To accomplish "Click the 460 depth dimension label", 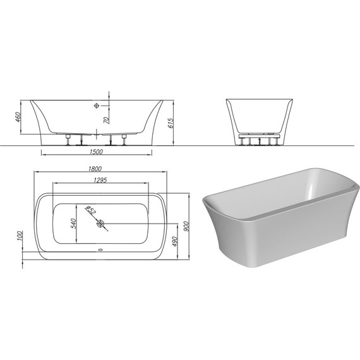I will [20, 117].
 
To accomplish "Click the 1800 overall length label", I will [95, 169].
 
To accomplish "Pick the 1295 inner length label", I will [95, 181].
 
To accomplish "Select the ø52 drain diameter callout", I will [90, 210].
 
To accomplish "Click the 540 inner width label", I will [73, 223].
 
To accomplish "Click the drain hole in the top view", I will [100, 223].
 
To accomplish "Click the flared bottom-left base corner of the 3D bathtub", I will [221, 253].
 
